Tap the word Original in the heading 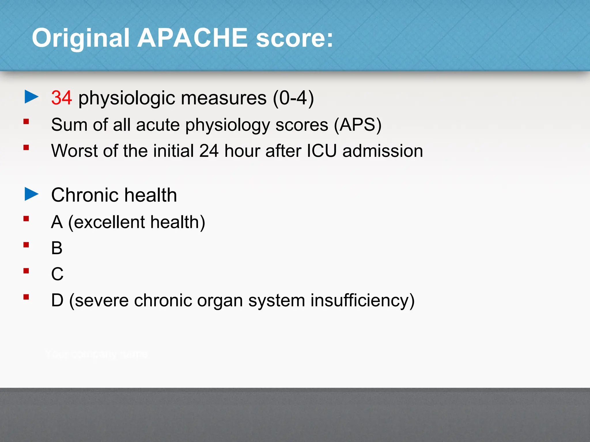tap(81, 38)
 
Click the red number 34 tap(61, 98)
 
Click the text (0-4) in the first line tap(293, 98)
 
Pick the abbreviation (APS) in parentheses tap(358, 125)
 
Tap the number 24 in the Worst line tap(209, 151)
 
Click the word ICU tap(322, 151)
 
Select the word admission tap(383, 151)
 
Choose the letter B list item tap(57, 248)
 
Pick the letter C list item tap(57, 274)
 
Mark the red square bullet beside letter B tap(26, 245)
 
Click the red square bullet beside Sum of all tap(26, 121)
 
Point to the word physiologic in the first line tap(127, 98)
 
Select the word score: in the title tap(294, 38)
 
